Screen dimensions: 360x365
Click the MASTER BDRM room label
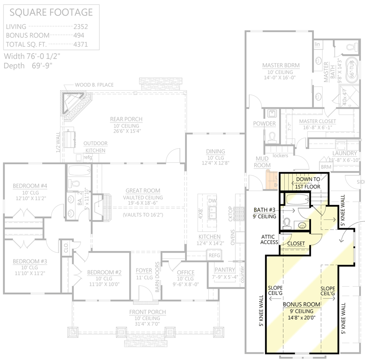[281, 65]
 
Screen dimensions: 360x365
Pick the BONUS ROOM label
[301, 304]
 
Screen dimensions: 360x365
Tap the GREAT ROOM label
[143, 190]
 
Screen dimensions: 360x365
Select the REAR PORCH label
[126, 119]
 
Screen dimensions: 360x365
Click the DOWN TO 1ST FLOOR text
[307, 183]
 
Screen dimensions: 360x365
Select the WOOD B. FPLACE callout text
[94, 85]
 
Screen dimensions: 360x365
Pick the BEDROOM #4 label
[30, 186]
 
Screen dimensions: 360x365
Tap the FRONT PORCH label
[148, 312]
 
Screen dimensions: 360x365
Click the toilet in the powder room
[271, 137]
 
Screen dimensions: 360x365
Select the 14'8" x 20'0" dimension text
[301, 318]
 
